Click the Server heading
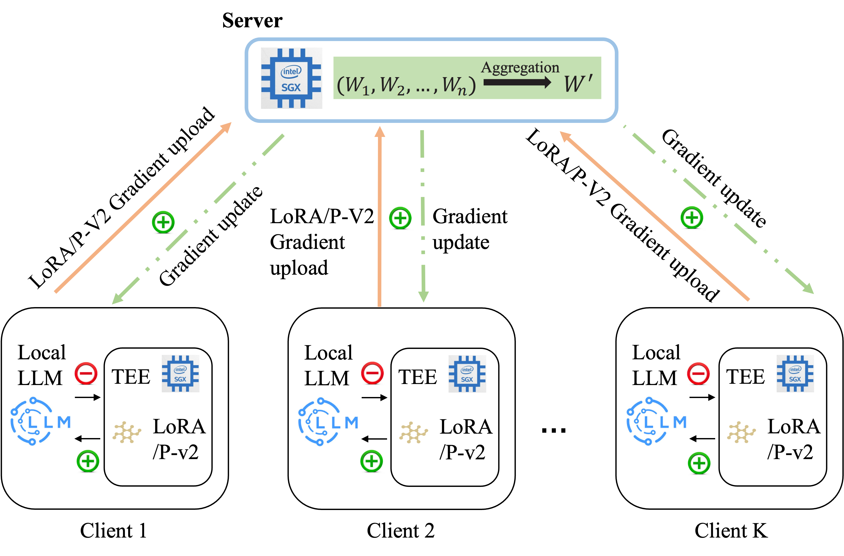coord(252,21)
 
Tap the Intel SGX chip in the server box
coord(291,78)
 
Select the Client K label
coord(731,531)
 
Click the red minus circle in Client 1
coord(86,373)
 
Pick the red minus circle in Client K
coord(698,373)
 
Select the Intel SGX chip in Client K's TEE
coord(795,374)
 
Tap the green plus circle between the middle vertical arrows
coord(400,218)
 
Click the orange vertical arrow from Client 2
coord(380,216)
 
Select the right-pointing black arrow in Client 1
coord(88,397)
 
